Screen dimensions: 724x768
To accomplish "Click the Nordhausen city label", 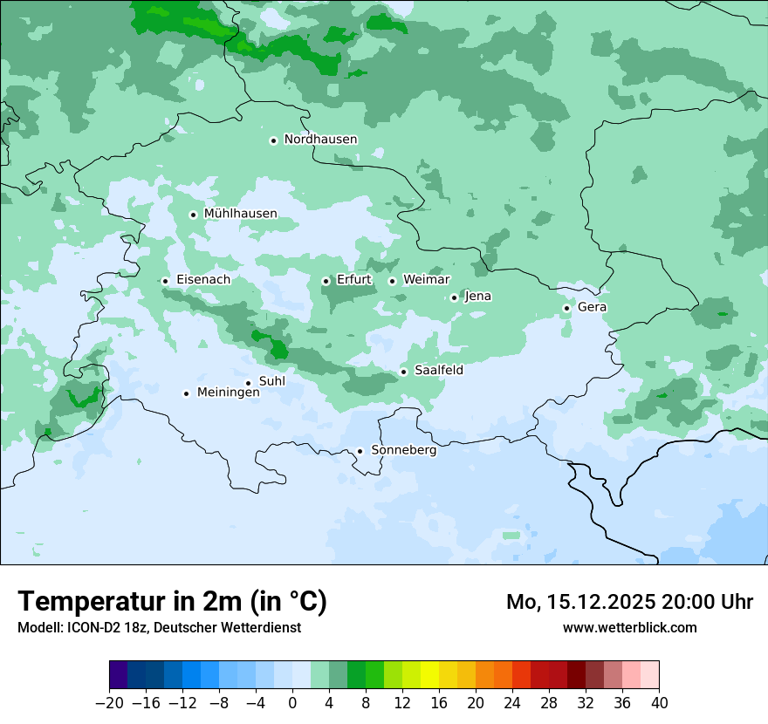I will point(320,140).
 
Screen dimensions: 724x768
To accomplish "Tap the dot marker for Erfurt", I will point(326,281).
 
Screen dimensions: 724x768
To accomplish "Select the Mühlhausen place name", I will point(240,214).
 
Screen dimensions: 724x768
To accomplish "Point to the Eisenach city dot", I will point(165,281).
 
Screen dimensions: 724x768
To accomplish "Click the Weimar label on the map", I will point(426,280).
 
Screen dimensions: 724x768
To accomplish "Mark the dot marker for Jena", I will point(454,297).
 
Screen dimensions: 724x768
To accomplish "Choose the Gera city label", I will point(592,307).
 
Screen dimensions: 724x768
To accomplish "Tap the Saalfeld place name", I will point(438,371).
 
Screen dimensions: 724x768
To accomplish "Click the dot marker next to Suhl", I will point(248,383).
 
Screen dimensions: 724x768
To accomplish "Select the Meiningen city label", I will point(228,393).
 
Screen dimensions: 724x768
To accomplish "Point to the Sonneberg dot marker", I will point(360,451).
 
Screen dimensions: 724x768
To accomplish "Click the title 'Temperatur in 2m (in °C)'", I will point(173,602).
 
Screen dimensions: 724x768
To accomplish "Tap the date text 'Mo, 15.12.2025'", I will point(586,602).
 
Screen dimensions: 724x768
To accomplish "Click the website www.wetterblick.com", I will point(629,627).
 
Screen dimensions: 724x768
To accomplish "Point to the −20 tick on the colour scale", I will point(109,703).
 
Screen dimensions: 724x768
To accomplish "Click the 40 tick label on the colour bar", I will point(659,703).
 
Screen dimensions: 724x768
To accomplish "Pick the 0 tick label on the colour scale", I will point(292,703).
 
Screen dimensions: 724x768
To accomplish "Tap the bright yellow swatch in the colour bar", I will point(429,675).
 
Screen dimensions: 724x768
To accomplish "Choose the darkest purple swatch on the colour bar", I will point(119,675).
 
